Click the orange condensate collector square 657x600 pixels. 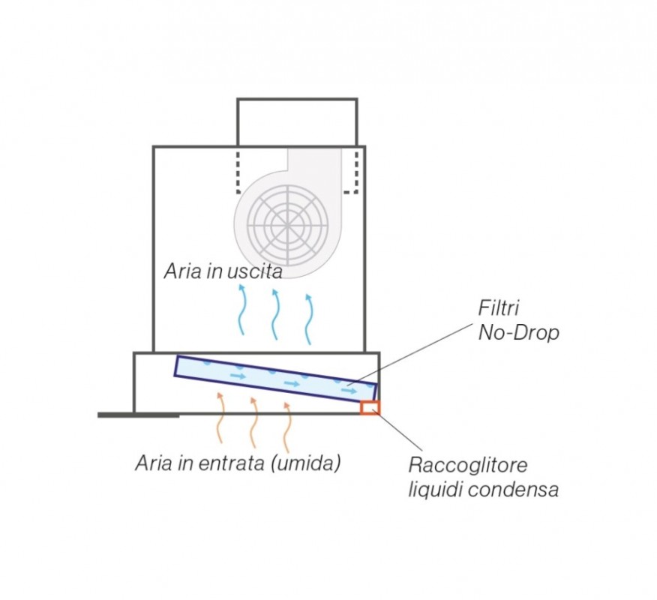tap(370, 408)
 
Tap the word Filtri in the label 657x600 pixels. tap(498, 308)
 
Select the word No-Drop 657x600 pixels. tap(519, 333)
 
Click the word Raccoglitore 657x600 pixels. tap(468, 465)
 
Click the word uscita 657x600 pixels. tap(255, 271)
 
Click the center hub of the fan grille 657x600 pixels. tap(288, 225)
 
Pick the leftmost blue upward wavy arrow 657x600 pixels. tap(241, 309)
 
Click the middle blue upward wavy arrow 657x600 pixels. tap(274, 313)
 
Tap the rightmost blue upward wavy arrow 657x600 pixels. tap(309, 319)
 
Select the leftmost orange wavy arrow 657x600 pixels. tap(220, 417)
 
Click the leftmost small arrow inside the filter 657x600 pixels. tap(238, 376)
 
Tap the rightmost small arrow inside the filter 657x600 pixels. tap(349, 391)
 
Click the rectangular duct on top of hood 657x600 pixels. tap(297, 122)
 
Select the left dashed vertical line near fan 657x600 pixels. tap(238, 171)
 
